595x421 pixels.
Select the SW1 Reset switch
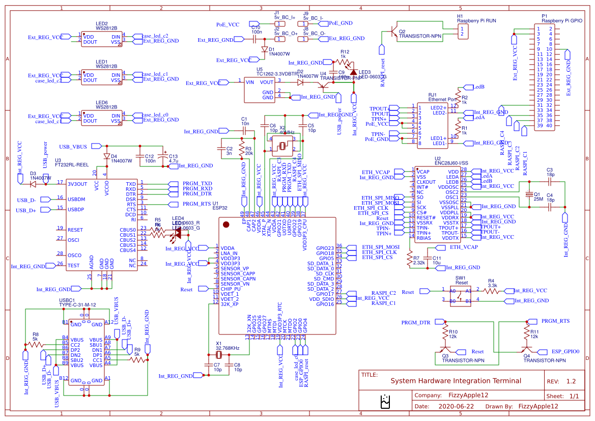click(462, 295)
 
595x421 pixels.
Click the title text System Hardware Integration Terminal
click(456, 381)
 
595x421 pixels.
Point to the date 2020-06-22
click(456, 406)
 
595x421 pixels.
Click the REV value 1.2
click(571, 381)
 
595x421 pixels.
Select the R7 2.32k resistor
click(410, 260)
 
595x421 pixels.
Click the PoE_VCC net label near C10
click(227, 24)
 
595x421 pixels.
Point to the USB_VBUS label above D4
click(73, 147)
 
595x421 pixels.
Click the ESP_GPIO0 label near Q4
click(565, 351)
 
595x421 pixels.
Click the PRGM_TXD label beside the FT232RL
click(197, 183)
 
